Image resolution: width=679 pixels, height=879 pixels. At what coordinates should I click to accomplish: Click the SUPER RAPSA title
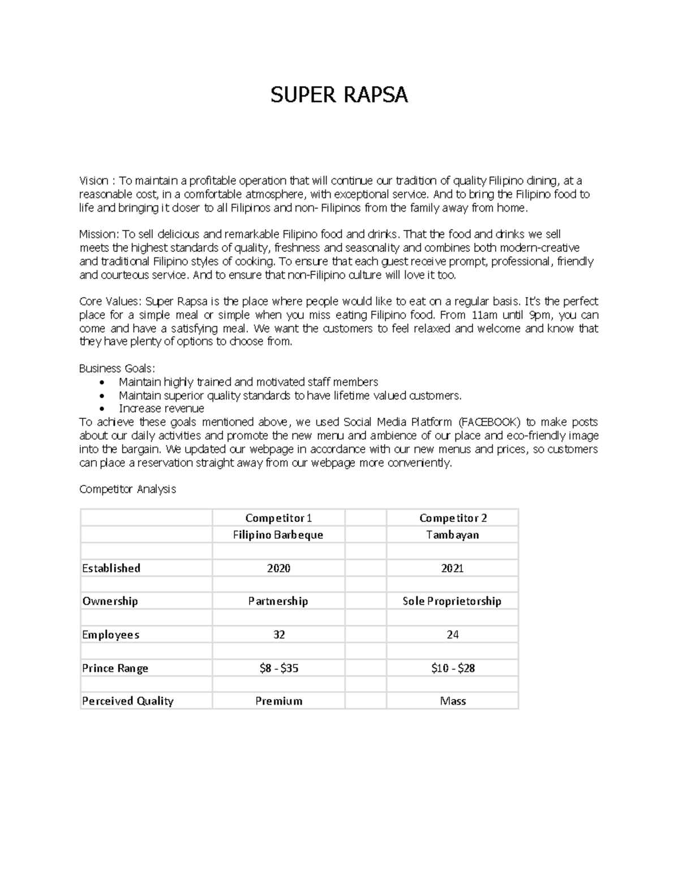339,95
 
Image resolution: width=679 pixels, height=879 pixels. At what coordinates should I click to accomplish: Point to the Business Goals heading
117,368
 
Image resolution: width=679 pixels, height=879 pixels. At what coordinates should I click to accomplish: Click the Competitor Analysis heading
127,489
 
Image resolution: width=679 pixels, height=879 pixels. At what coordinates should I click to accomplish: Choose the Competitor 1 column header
278,518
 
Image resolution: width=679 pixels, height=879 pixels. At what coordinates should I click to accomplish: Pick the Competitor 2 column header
453,518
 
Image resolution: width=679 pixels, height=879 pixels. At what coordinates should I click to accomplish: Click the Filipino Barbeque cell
278,535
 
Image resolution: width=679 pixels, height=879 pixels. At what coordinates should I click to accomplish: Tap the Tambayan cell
453,535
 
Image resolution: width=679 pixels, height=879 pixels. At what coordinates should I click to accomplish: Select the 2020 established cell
278,568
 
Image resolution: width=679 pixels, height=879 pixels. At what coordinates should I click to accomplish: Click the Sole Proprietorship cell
452,601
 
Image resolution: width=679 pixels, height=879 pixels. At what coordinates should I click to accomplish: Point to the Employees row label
110,634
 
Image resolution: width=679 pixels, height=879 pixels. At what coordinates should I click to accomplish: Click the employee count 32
278,634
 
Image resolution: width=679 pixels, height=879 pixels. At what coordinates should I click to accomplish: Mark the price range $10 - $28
453,668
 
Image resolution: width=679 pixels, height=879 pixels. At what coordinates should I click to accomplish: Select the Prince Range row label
115,668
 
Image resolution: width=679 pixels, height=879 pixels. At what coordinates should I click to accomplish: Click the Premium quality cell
278,701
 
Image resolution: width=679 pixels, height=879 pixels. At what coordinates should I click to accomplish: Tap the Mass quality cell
453,701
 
